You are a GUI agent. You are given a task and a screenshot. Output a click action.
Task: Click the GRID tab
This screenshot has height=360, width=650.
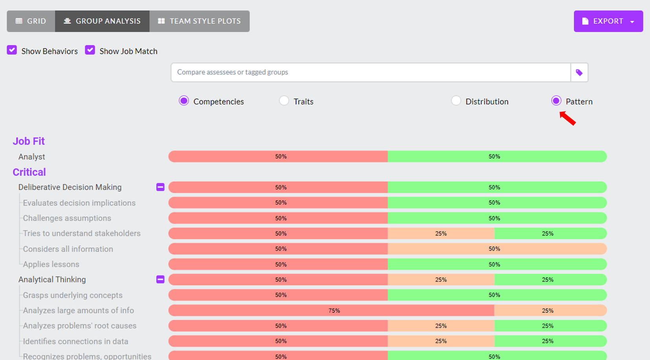(31, 21)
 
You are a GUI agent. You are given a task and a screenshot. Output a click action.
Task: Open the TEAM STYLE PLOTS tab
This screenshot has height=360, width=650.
(199, 21)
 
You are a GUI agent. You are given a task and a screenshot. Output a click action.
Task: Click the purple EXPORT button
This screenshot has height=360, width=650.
(608, 21)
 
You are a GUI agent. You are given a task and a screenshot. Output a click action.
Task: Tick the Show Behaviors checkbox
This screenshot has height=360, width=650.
(12, 50)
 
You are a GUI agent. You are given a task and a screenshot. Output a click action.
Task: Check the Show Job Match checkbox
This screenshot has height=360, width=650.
(90, 50)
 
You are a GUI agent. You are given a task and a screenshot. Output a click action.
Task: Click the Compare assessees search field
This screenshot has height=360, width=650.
(370, 72)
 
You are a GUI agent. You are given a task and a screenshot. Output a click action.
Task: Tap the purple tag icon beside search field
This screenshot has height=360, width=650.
(579, 72)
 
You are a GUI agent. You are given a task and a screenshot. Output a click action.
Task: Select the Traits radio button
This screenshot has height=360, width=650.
(284, 101)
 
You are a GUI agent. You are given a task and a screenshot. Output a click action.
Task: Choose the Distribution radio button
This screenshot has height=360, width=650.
(456, 101)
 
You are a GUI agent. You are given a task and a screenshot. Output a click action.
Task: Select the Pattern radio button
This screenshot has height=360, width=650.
(556, 101)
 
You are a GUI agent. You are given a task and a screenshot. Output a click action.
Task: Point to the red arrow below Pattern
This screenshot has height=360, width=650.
(568, 118)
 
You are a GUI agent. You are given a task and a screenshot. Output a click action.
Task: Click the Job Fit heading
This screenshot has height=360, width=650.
(29, 141)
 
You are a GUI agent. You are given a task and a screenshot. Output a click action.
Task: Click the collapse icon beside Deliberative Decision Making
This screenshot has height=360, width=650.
(160, 187)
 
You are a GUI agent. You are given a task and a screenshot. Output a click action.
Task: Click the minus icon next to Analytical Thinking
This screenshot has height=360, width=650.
(160, 279)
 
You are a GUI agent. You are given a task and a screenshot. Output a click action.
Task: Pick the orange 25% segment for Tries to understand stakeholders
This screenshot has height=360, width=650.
(441, 233)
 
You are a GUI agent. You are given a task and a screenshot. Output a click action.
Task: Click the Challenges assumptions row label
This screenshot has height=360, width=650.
(67, 218)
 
